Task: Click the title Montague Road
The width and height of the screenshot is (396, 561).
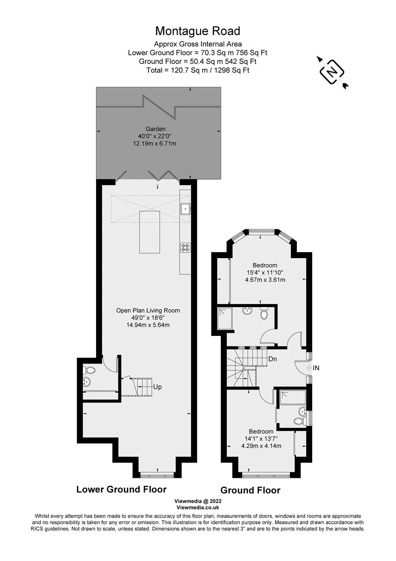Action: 198,31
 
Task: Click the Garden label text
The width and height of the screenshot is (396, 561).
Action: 156,129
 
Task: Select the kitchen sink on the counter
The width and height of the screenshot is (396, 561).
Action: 185,209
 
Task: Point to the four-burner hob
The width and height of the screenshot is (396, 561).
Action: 185,248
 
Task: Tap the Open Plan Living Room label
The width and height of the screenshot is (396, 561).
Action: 148,310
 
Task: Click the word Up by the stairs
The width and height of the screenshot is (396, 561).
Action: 157,387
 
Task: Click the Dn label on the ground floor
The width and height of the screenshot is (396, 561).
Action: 273,359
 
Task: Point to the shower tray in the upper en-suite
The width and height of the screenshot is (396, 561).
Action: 225,319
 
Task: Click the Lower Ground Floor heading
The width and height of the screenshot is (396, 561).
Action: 121,489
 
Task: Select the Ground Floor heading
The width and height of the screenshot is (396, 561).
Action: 250,490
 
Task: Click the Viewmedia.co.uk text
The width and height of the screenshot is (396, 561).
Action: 198,507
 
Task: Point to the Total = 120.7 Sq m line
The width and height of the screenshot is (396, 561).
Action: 198,70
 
